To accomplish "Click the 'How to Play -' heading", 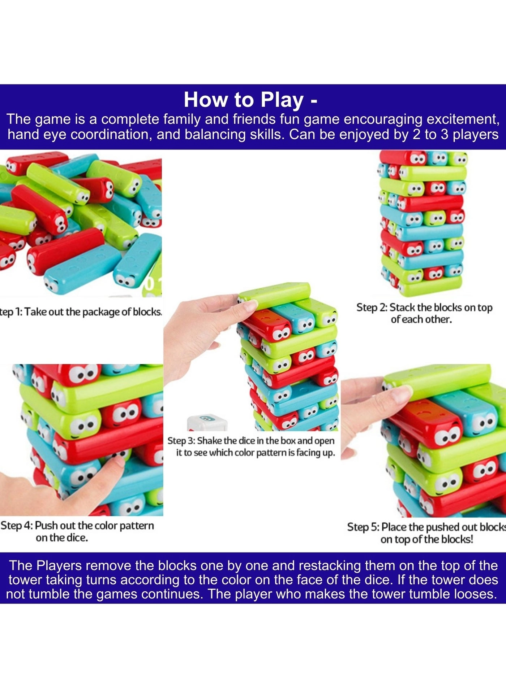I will (x=250, y=100).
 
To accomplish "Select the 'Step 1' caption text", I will (x=80, y=311).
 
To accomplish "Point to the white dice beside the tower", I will (x=207, y=423).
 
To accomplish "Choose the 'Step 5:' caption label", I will (x=363, y=527).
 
